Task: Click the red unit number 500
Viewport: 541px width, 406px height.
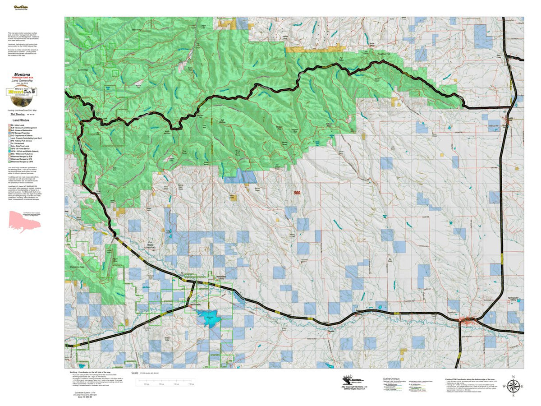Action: pos(297,193)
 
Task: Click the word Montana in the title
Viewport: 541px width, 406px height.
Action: pos(22,74)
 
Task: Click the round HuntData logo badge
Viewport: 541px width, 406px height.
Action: pos(22,92)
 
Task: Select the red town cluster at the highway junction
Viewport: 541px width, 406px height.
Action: pos(467,321)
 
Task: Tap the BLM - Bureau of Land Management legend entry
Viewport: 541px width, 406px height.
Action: pos(25,129)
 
